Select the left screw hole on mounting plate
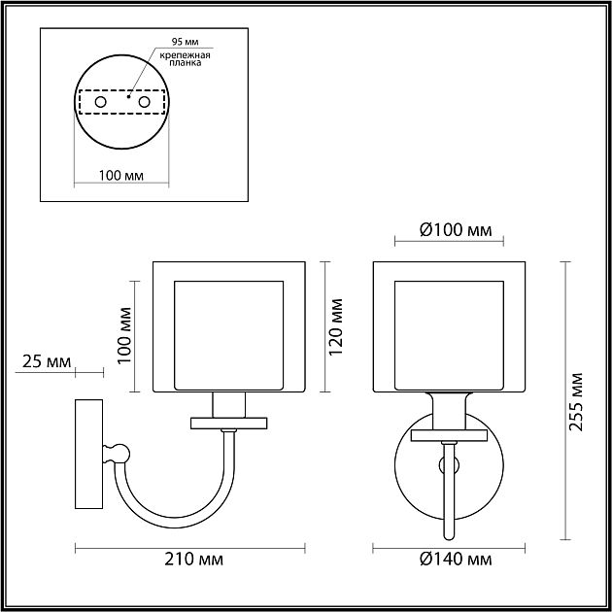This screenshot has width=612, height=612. click(99, 101)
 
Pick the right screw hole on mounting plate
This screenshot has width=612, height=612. click(145, 101)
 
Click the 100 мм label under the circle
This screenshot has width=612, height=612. click(121, 176)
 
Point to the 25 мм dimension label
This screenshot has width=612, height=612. click(46, 362)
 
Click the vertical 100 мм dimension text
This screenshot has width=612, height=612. click(123, 335)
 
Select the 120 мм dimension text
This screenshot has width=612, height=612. click(336, 325)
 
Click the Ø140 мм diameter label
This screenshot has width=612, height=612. click(456, 561)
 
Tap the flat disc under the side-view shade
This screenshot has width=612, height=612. click(229, 423)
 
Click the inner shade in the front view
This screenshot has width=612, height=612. click(450, 330)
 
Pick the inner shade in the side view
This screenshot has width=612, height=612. click(229, 330)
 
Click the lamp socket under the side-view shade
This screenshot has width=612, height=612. click(229, 404)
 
